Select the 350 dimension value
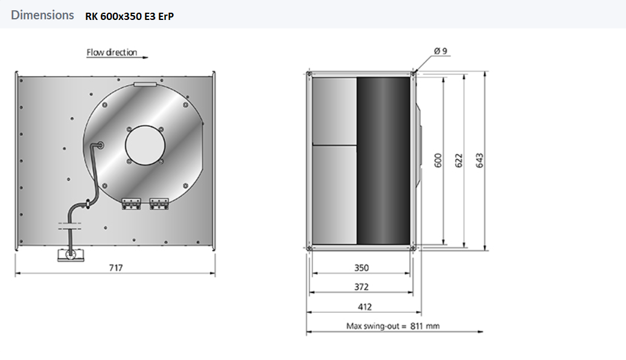pyautogui.click(x=361, y=268)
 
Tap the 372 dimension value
pyautogui.click(x=361, y=287)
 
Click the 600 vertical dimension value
pyautogui.click(x=438, y=160)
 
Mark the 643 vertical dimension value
pyautogui.click(x=480, y=160)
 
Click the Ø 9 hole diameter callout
pyautogui.click(x=440, y=52)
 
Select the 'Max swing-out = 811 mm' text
pyautogui.click(x=393, y=326)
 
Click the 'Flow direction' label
pyautogui.click(x=112, y=53)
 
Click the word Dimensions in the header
pyautogui.click(x=42, y=15)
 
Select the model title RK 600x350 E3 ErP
pyautogui.click(x=130, y=16)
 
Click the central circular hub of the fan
pyautogui.click(x=145, y=144)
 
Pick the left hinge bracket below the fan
pyautogui.click(x=131, y=204)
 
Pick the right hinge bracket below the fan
pyautogui.click(x=159, y=204)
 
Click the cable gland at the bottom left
pyautogui.click(x=71, y=256)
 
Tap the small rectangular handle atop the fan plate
pyautogui.click(x=145, y=85)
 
